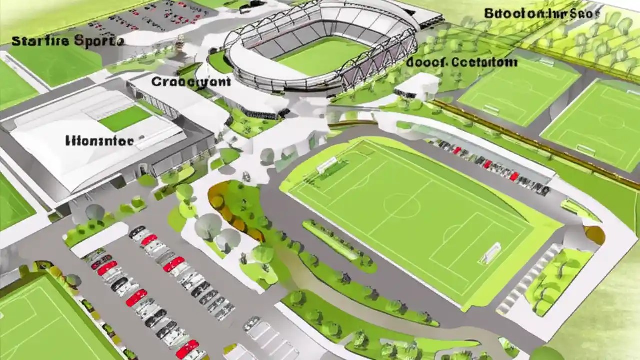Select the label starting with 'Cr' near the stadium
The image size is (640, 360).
(191, 81)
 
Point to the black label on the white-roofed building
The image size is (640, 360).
(99, 141)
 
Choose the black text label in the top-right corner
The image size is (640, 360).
(541, 14)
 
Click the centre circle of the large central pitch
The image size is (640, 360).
(402, 205)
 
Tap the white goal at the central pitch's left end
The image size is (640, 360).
(327, 165)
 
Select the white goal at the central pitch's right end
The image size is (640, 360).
(490, 253)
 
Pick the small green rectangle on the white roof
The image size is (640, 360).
(124, 118)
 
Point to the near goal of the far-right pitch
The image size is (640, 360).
(585, 149)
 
